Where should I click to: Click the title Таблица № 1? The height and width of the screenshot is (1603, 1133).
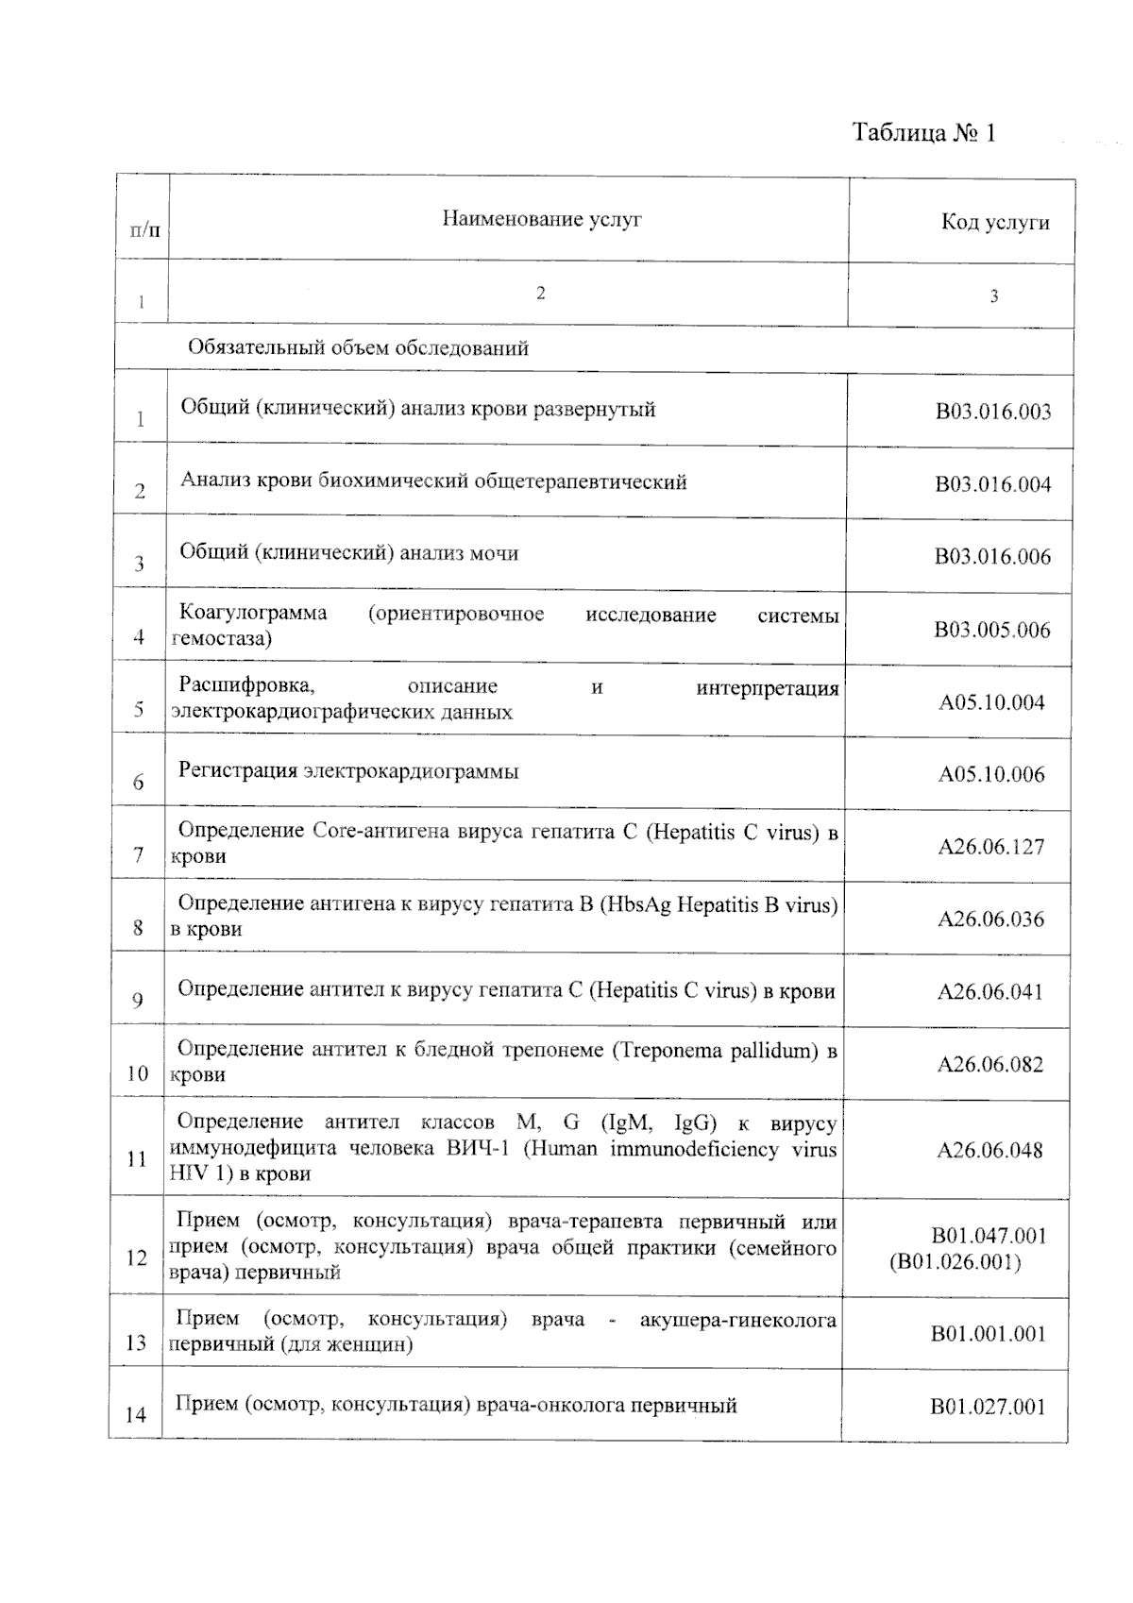(923, 132)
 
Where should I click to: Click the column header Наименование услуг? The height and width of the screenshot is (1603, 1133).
(542, 220)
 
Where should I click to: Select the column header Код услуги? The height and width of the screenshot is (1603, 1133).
(995, 223)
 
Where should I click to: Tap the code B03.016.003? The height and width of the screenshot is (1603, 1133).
(993, 412)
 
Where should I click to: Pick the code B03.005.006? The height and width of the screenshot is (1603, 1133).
(992, 630)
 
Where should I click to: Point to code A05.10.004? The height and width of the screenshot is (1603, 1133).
(991, 702)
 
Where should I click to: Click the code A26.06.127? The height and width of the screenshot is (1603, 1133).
(991, 847)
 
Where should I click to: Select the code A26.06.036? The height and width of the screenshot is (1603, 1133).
(990, 920)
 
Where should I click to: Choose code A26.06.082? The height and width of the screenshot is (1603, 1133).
(989, 1065)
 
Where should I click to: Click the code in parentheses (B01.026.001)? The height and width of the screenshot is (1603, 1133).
(955, 1262)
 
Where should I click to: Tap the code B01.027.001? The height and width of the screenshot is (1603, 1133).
(988, 1408)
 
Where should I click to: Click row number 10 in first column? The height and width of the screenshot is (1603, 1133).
(138, 1073)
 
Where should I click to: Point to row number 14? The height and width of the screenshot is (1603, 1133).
(136, 1414)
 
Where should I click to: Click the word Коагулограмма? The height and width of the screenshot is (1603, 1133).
(253, 613)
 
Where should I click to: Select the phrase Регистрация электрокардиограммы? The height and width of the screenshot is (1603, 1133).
(348, 771)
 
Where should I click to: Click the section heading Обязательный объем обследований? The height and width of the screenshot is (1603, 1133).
(358, 348)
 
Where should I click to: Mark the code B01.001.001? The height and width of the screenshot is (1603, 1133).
(989, 1334)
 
